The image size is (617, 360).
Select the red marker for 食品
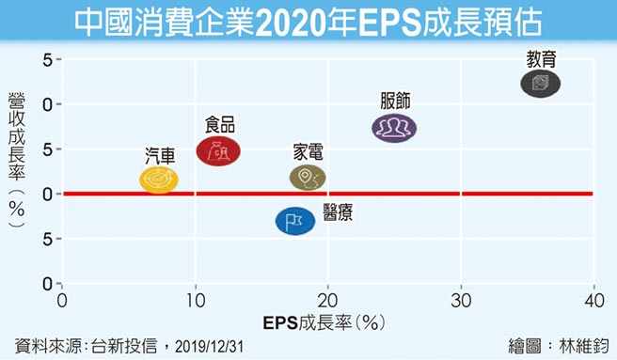pyautogui.click(x=218, y=149)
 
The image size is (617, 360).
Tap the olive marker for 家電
pyautogui.click(x=307, y=177)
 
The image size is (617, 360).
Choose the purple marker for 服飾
pyautogui.click(x=394, y=127)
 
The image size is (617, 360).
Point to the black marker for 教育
pyautogui.click(x=540, y=84)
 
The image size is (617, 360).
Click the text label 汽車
pyautogui.click(x=160, y=154)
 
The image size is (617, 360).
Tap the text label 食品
pyautogui.click(x=220, y=125)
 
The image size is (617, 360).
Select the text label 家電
pyautogui.click(x=308, y=151)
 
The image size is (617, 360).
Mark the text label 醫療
pyautogui.click(x=338, y=211)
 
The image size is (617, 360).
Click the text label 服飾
pyautogui.click(x=396, y=101)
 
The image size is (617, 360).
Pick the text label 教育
pyautogui.click(x=541, y=58)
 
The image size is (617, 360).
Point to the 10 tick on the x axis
pyautogui.click(x=195, y=300)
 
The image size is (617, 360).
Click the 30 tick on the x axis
pyautogui.click(x=461, y=300)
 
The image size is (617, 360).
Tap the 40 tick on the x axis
pyautogui.click(x=593, y=300)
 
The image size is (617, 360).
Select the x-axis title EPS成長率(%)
pyautogui.click(x=327, y=321)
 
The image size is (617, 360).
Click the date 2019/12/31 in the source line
pyautogui.click(x=214, y=345)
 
